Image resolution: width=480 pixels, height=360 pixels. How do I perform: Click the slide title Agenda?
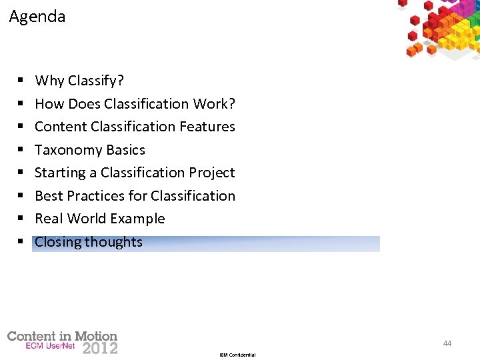pyautogui.click(x=37, y=17)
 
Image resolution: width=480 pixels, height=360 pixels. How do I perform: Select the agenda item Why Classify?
pyautogui.click(x=79, y=81)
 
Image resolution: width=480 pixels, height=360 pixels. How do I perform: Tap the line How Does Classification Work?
pyautogui.click(x=135, y=104)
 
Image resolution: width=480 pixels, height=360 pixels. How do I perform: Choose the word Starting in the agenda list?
pyautogui.click(x=59, y=173)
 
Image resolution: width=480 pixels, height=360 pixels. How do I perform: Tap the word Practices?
pyautogui.click(x=93, y=196)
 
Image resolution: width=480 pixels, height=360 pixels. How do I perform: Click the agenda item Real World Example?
pyautogui.click(x=99, y=219)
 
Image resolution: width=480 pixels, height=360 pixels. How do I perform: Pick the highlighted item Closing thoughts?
pyautogui.click(x=89, y=242)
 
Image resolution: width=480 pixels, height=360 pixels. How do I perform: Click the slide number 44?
pyautogui.click(x=447, y=343)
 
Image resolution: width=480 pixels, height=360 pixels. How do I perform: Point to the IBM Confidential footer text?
pyautogui.click(x=237, y=355)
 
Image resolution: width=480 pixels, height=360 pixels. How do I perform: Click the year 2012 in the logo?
pyautogui.click(x=100, y=347)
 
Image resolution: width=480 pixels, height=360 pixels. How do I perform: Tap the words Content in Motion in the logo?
pyautogui.click(x=62, y=336)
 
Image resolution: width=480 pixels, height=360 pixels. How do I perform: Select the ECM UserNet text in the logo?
pyautogui.click(x=51, y=346)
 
